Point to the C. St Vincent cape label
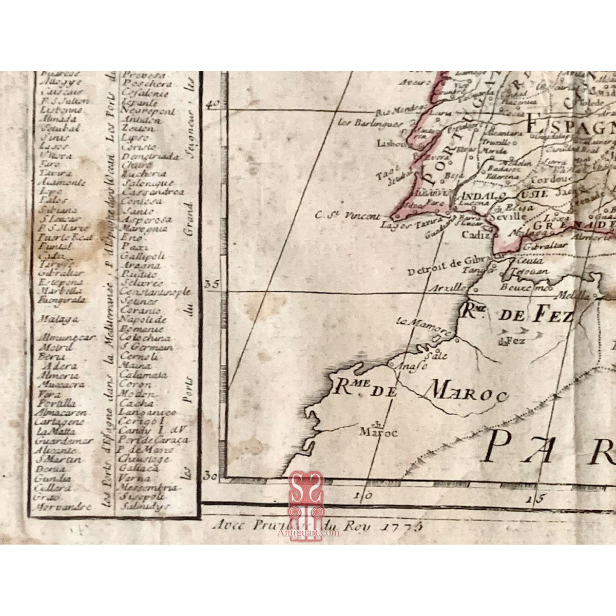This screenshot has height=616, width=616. coord(348,216)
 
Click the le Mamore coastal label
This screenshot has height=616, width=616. coord(416,324)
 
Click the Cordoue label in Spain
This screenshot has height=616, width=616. coord(551,180)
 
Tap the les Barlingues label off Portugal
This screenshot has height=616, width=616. coord(363,123)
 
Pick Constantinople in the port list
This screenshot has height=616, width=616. coord(155,292)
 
